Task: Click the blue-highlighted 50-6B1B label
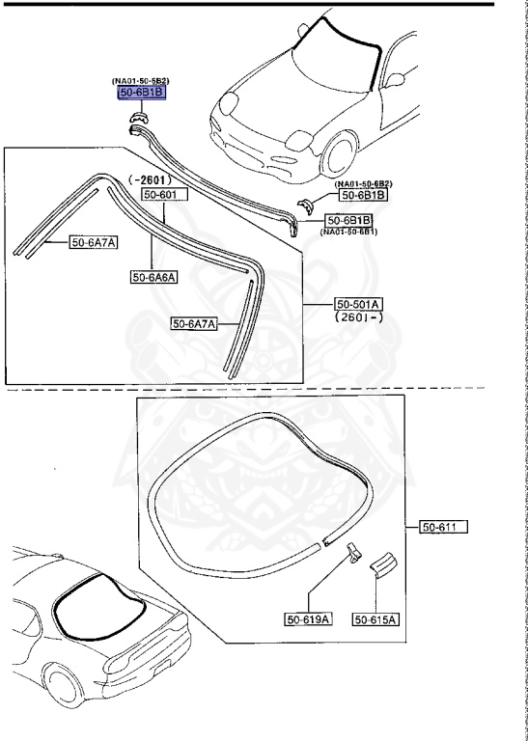(x=142, y=93)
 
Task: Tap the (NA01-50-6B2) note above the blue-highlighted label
(x=141, y=80)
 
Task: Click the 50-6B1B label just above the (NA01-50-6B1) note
(x=348, y=220)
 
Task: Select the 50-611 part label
(x=443, y=527)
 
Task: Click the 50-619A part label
(x=307, y=618)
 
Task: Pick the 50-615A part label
(x=375, y=618)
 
